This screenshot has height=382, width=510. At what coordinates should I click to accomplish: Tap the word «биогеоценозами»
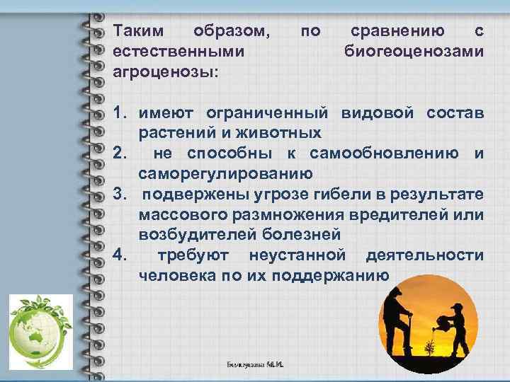point(414,51)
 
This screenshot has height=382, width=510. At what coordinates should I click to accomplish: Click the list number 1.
point(120,113)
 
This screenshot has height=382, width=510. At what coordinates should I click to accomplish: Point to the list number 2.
point(120,154)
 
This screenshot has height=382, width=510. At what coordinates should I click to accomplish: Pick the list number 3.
point(120,194)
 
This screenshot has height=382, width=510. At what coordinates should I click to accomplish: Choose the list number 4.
point(120,255)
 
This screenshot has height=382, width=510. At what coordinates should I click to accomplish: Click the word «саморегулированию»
point(225,173)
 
